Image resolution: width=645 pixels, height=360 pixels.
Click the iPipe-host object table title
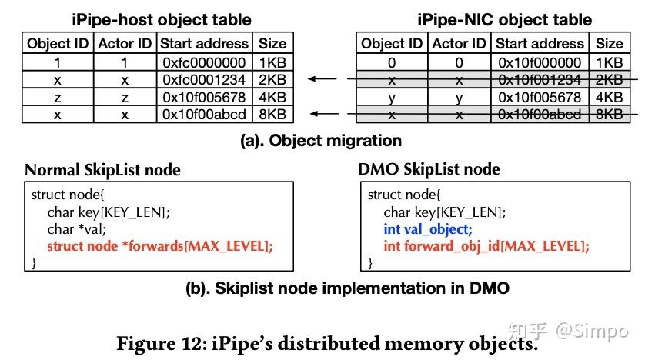[x=161, y=18]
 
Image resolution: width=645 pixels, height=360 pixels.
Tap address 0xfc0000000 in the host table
[x=205, y=62]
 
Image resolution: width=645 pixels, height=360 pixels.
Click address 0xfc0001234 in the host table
[x=205, y=79]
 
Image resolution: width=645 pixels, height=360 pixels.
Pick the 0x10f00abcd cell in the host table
[x=205, y=115]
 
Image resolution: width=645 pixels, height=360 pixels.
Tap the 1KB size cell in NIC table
[x=609, y=62]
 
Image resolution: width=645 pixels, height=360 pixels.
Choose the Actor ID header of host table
[x=125, y=44]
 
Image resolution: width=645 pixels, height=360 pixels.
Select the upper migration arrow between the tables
[x=322, y=78]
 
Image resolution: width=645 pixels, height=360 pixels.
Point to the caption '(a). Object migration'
[x=322, y=141]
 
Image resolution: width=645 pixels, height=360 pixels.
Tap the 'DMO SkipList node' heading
[x=429, y=169]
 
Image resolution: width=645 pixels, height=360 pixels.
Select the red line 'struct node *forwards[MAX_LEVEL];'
[x=159, y=245]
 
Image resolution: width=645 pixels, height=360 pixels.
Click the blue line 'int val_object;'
[x=428, y=228]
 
